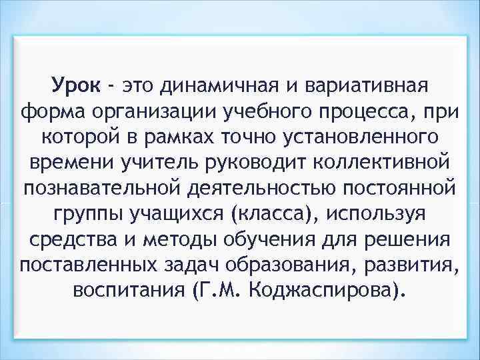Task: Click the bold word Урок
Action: (x=76, y=85)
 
